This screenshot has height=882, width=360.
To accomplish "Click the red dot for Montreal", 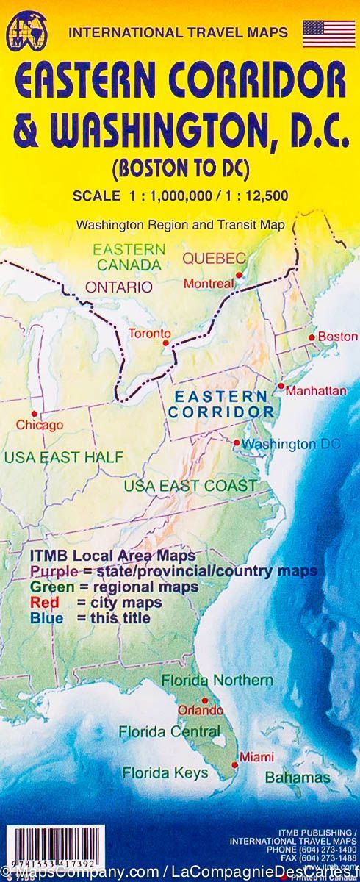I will coord(239,275).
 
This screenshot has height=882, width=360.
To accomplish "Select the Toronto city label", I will coord(149,334).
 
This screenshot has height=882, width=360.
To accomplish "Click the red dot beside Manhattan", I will coord(281,386).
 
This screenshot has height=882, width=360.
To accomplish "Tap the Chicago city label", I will coord(40,425).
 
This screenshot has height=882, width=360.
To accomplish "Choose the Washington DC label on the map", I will coord(291,444).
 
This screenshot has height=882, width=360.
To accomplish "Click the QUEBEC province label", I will coord(214,258).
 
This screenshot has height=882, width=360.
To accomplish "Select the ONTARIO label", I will coord(119,287).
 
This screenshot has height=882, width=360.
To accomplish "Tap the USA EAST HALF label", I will coord(64,457).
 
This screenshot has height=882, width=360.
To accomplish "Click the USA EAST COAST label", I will coord(190,486).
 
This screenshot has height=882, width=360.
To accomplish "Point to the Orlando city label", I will coord(200,711).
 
